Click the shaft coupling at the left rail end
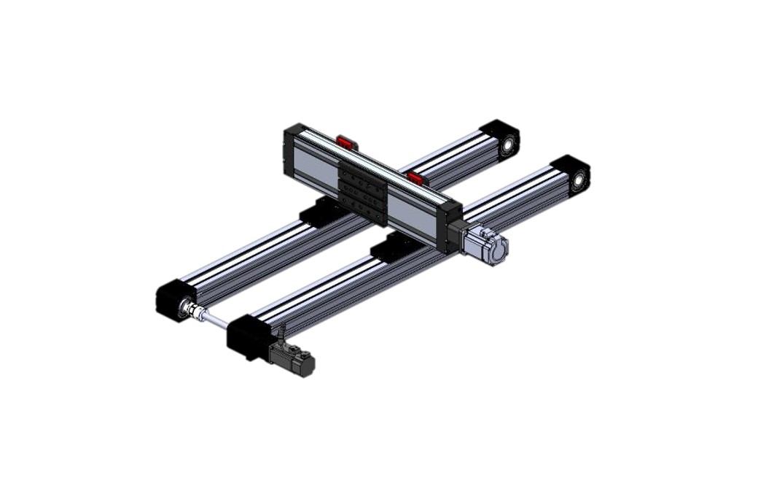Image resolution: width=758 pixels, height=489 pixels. pos(193,312)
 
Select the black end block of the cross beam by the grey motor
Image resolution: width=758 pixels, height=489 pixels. pos(450,228)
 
